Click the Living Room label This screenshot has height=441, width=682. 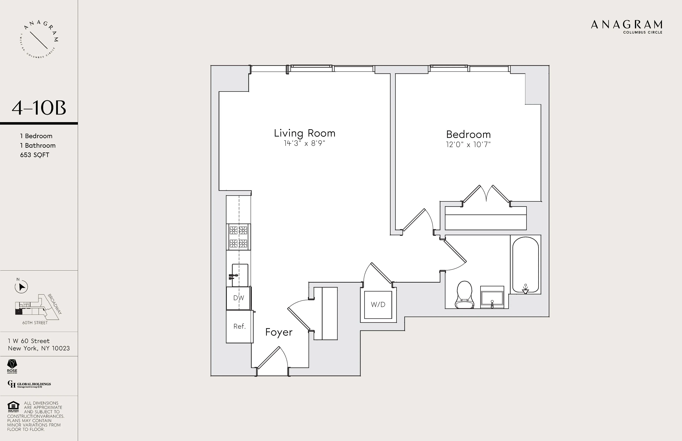(x=304, y=133)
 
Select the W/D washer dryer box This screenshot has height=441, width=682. (x=378, y=305)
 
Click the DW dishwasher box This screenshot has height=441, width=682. (x=238, y=298)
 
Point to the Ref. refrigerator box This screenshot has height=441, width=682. (x=239, y=326)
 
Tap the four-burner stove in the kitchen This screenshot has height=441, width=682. (x=238, y=237)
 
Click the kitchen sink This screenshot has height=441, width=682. (x=240, y=275)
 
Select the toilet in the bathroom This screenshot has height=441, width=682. (x=464, y=295)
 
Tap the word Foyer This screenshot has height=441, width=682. (x=279, y=332)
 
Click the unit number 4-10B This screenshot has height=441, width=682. (x=39, y=108)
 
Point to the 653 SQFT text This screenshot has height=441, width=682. (x=35, y=155)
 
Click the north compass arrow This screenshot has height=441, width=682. (x=21, y=287)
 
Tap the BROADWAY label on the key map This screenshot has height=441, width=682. (x=54, y=304)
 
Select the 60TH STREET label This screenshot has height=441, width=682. (x=35, y=323)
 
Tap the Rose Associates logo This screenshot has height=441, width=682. (x=12, y=366)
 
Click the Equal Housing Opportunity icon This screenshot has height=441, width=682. (x=13, y=407)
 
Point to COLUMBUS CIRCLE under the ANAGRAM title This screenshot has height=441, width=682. (x=642, y=32)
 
